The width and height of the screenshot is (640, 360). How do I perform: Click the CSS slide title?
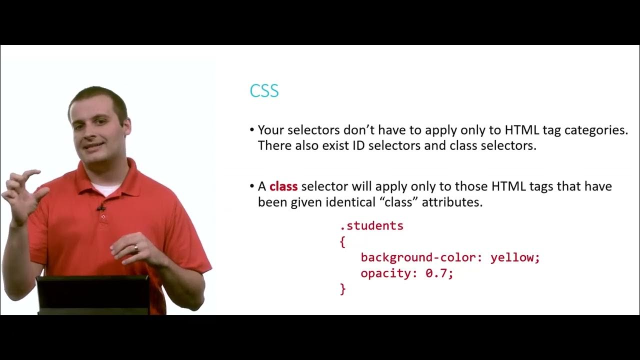click(x=264, y=91)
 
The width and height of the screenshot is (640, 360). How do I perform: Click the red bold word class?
click(x=283, y=186)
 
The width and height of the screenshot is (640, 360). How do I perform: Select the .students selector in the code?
click(x=371, y=225)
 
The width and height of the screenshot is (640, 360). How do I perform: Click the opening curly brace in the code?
click(x=342, y=242)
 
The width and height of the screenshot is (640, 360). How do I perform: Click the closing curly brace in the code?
click(x=342, y=289)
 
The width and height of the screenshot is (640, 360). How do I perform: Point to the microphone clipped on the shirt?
click(x=101, y=207)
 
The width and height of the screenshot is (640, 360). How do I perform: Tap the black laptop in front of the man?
click(x=93, y=294)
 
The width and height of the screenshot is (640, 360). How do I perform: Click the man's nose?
click(x=92, y=131)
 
